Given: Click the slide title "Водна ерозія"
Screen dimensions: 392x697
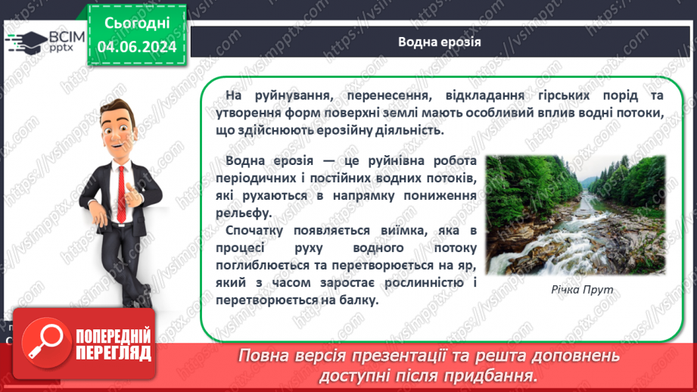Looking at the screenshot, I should (439, 41).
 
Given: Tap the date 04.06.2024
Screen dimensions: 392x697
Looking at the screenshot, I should (137, 48).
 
